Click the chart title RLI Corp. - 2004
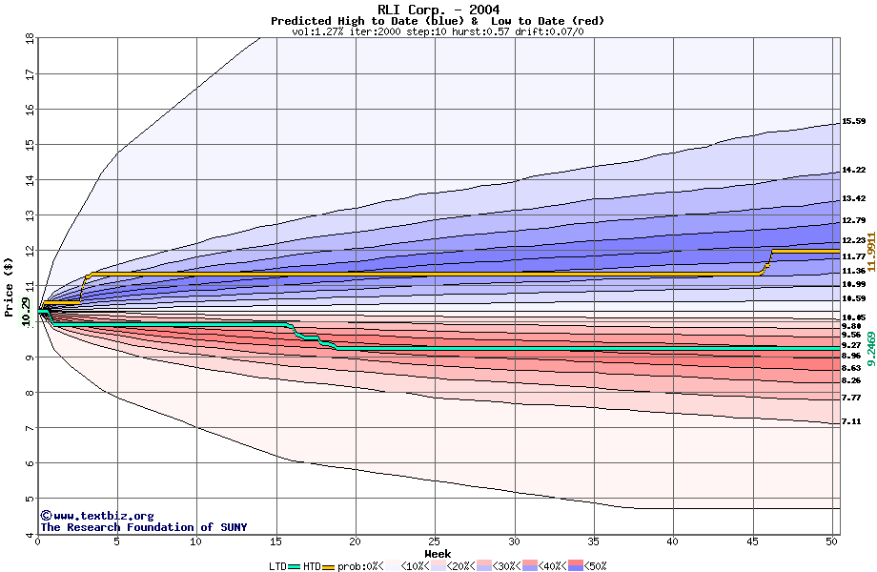click(438, 10)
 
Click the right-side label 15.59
click(853, 122)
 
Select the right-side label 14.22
click(853, 171)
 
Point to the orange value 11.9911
click(870, 249)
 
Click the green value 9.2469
click(870, 345)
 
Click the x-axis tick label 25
click(435, 541)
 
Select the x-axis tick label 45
click(752, 541)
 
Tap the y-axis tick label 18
click(29, 38)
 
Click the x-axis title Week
click(438, 553)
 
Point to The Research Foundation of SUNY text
click(143, 527)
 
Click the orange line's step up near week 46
click(767, 261)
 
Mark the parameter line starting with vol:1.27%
click(438, 31)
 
